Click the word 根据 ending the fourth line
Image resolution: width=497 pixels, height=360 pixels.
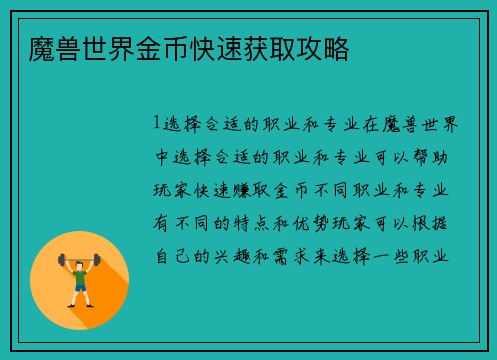(444, 224)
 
